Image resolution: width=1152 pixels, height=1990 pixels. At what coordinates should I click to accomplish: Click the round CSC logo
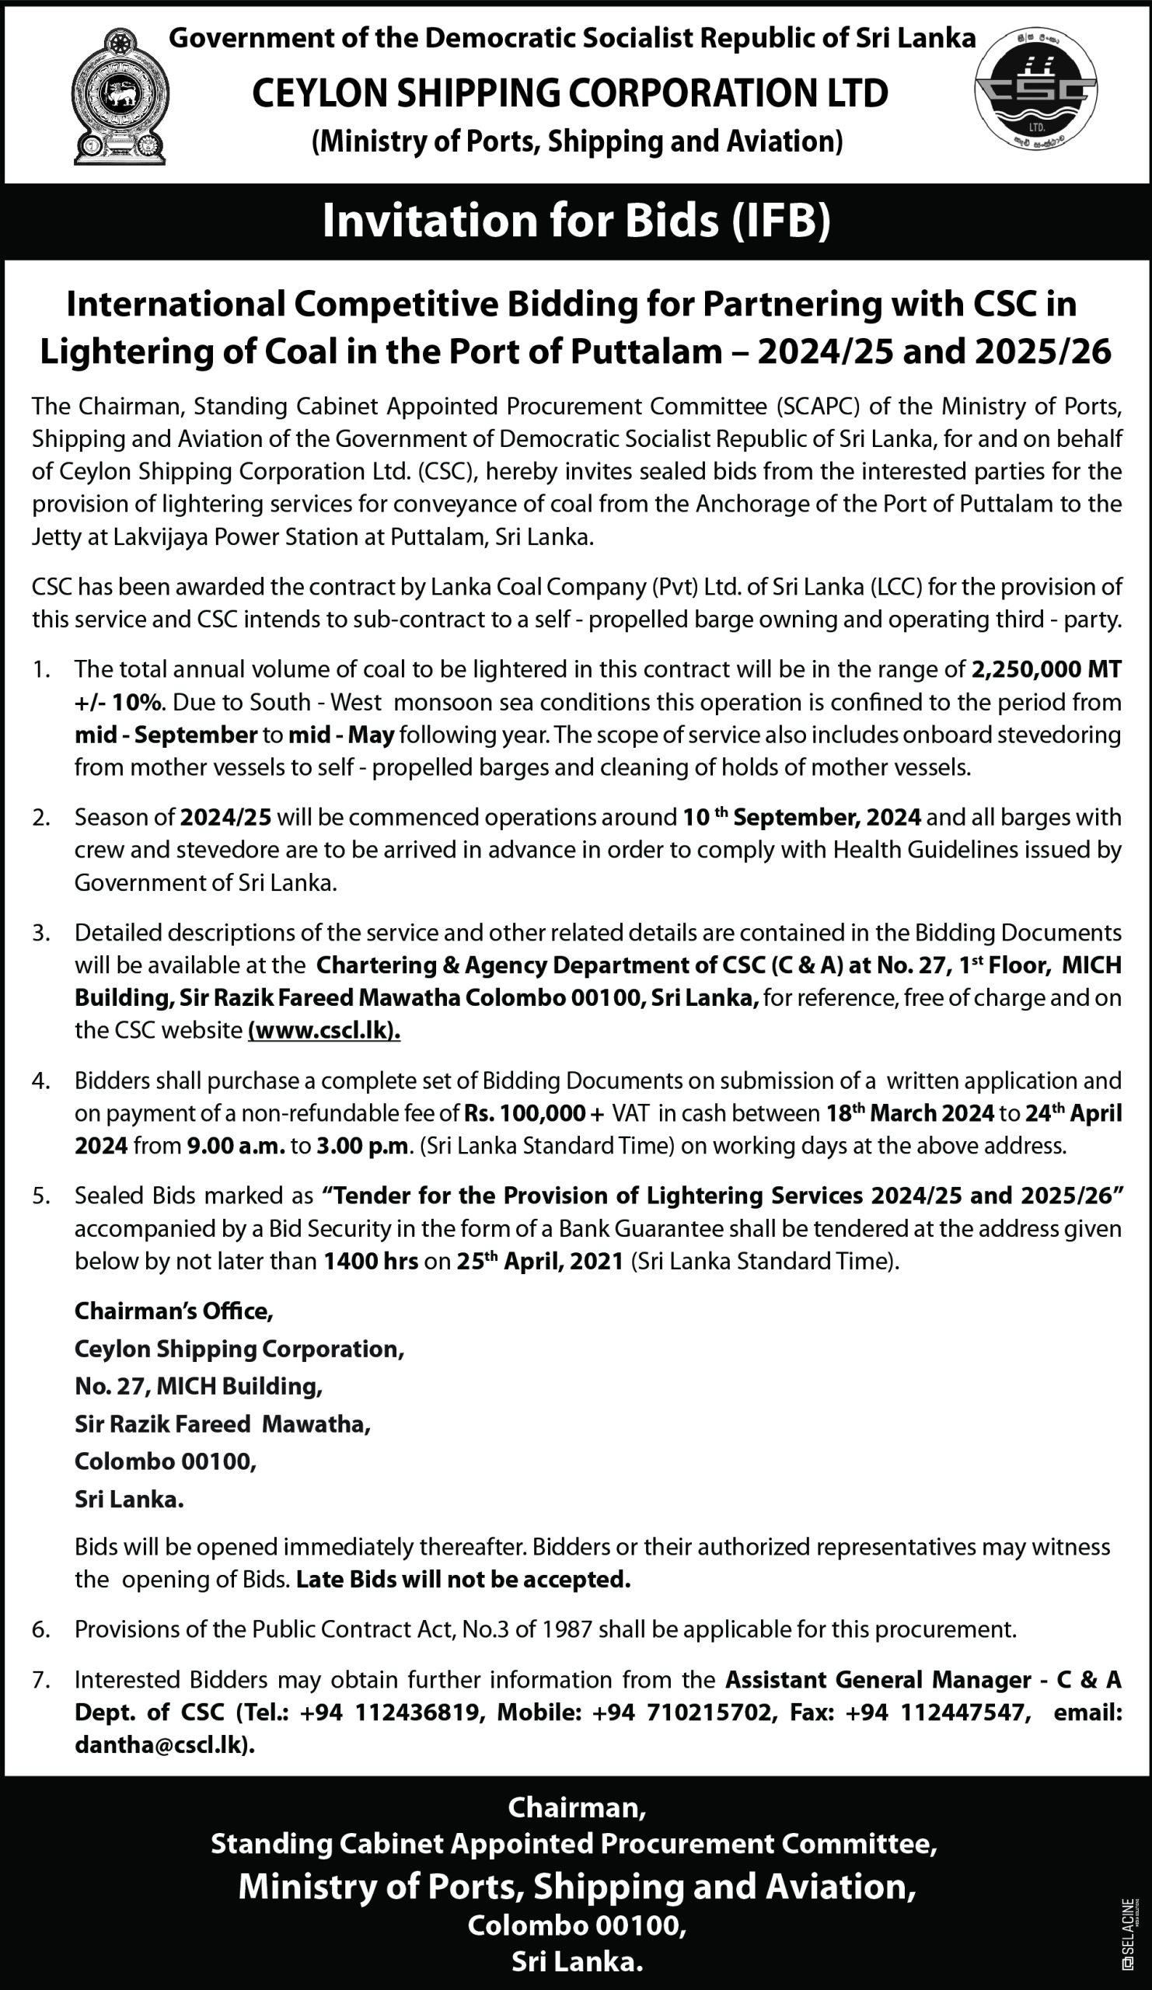tap(1035, 90)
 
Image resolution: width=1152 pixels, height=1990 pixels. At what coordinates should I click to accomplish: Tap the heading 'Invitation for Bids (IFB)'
tap(575, 221)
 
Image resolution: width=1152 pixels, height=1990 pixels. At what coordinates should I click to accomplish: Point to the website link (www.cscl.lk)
tap(324, 1031)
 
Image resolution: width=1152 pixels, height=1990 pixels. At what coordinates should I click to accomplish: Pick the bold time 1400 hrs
tap(370, 1261)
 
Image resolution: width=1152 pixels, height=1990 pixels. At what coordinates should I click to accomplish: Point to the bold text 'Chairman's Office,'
tap(173, 1311)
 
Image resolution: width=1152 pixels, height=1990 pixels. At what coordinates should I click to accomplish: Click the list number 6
tap(40, 1629)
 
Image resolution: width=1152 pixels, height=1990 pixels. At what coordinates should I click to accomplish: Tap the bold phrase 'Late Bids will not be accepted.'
tap(463, 1580)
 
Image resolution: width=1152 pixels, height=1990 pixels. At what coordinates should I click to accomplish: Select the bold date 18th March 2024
tap(909, 1113)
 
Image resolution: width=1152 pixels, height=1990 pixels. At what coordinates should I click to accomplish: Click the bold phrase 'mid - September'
tap(166, 735)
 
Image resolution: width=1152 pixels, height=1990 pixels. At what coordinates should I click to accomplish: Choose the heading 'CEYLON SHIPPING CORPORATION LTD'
tap(570, 93)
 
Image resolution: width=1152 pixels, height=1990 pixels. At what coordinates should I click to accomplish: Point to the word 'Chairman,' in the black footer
tap(577, 1808)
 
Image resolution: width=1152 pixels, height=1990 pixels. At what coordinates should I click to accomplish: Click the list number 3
tap(40, 934)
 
